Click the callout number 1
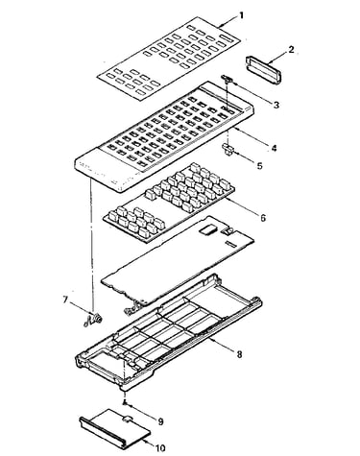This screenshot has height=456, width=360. click(241, 15)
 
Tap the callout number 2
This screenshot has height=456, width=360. click(291, 50)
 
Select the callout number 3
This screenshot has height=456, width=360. click(276, 105)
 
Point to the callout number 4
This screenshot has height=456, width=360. click(274, 148)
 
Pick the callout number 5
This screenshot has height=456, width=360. click(259, 165)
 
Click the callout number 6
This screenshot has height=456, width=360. click(263, 218)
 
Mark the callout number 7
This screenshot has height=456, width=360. click(65, 300)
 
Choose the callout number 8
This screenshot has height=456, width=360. click(239, 354)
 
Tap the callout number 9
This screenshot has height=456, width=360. click(160, 421)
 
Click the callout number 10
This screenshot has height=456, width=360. click(159, 447)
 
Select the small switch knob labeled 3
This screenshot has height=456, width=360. click(227, 78)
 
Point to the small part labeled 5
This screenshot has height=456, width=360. click(228, 149)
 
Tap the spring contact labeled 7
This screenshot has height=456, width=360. click(92, 320)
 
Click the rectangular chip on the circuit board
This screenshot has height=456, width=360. click(207, 229)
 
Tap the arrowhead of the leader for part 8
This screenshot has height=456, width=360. click(210, 339)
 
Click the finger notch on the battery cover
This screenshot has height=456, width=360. click(127, 418)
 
